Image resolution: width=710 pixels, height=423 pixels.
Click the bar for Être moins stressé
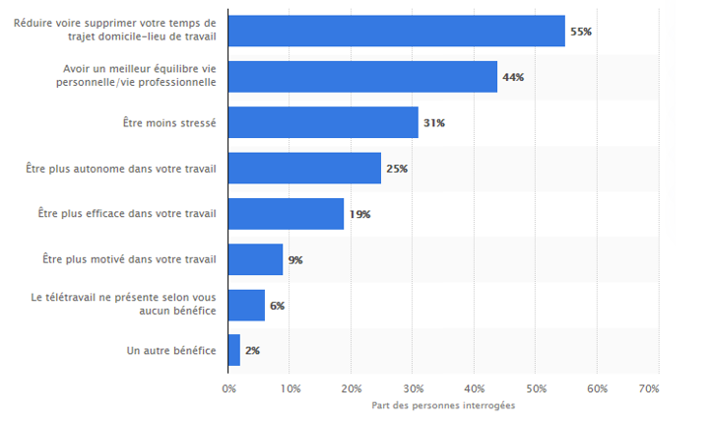(x=323, y=122)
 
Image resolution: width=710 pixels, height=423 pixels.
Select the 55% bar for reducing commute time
(x=397, y=31)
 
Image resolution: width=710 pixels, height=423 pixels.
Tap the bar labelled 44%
(x=362, y=77)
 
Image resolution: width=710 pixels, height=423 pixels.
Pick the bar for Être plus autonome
(x=304, y=169)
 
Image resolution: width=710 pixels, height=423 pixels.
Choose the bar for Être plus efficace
(x=286, y=214)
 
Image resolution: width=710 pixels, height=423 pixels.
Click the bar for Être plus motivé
(x=255, y=259)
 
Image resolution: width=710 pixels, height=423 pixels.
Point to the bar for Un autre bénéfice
(x=233, y=350)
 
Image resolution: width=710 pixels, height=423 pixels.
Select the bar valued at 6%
(x=246, y=305)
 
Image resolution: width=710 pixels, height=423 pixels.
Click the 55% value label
(x=580, y=32)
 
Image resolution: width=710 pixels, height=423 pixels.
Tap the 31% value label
(x=434, y=123)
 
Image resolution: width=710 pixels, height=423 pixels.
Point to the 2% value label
(x=254, y=351)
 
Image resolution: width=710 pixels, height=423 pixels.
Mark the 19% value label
(x=359, y=214)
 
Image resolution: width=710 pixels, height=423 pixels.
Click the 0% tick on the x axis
(x=229, y=389)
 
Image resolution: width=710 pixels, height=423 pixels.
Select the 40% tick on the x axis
(x=475, y=389)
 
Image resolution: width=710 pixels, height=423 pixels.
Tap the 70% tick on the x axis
(x=648, y=389)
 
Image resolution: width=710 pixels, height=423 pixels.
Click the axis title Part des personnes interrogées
(x=443, y=405)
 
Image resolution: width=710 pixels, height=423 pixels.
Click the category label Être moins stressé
(x=170, y=123)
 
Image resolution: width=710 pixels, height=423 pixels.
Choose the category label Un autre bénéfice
(x=172, y=351)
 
